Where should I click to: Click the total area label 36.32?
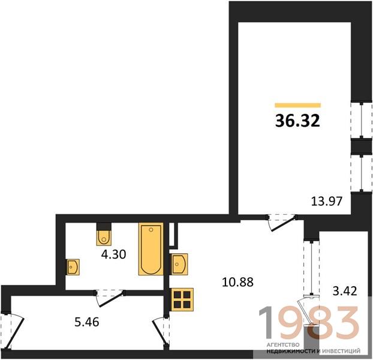[297, 121]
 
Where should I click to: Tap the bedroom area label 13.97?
[327, 201]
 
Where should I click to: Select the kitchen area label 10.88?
[237, 282]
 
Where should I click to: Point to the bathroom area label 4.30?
[113, 254]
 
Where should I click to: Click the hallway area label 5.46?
[87, 322]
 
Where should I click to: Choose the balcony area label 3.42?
[345, 291]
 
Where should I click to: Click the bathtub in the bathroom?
[151, 249]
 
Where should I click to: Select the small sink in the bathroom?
[73, 267]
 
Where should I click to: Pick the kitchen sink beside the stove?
[179, 264]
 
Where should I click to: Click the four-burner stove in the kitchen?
[182, 299]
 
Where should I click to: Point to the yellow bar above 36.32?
[298, 105]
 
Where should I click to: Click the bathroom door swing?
[109, 298]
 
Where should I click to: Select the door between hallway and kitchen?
[161, 331]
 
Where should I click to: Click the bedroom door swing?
[282, 223]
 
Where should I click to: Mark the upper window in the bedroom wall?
[362, 120]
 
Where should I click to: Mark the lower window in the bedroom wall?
[362, 173]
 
